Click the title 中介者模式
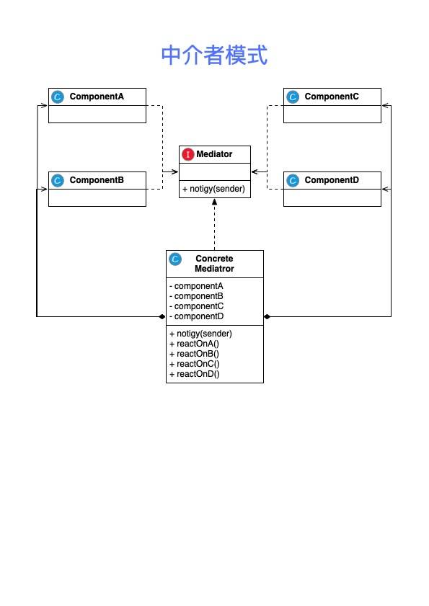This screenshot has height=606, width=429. click(x=214, y=55)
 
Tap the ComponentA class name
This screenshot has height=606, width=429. click(x=97, y=97)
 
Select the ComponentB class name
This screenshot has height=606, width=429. click(x=97, y=179)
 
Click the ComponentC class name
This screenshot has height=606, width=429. click(x=332, y=97)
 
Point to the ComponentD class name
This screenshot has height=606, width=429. click(x=332, y=179)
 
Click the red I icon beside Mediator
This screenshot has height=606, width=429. click(x=188, y=154)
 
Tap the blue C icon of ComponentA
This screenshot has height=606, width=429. click(x=58, y=97)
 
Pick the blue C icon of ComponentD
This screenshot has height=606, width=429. click(x=293, y=180)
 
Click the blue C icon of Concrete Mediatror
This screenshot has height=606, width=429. click(x=175, y=259)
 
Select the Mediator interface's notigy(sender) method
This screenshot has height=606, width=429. click(x=213, y=189)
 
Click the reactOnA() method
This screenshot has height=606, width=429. click(x=194, y=344)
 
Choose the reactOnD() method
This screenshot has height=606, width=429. click(x=194, y=374)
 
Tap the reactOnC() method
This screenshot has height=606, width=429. click(x=194, y=364)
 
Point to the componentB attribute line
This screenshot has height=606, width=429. click(x=196, y=296)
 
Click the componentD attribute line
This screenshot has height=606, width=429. click(x=196, y=316)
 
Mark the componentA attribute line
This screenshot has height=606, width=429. click(x=196, y=286)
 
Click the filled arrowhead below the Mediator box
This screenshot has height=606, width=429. click(x=214, y=201)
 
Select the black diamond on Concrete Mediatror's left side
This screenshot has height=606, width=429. click(x=162, y=316)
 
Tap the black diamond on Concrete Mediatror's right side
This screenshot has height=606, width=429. click(x=267, y=316)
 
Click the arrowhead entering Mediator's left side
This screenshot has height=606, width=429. click(x=175, y=171)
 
